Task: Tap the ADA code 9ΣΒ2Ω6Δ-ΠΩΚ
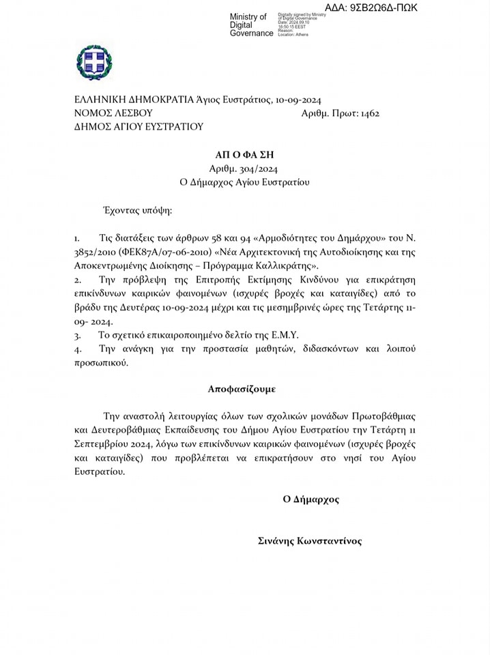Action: pyautogui.click(x=371, y=8)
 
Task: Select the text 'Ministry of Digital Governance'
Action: pyautogui.click(x=250, y=25)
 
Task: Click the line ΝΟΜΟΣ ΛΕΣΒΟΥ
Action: pyautogui.click(x=113, y=113)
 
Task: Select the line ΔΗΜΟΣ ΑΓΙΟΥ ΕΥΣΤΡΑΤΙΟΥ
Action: pyautogui.click(x=139, y=127)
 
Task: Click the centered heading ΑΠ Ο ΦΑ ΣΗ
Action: pyautogui.click(x=244, y=155)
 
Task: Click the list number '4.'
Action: pyautogui.click(x=78, y=349)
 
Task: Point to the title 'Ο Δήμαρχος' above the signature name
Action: pyautogui.click(x=311, y=499)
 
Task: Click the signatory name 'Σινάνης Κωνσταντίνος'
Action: pyautogui.click(x=310, y=541)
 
